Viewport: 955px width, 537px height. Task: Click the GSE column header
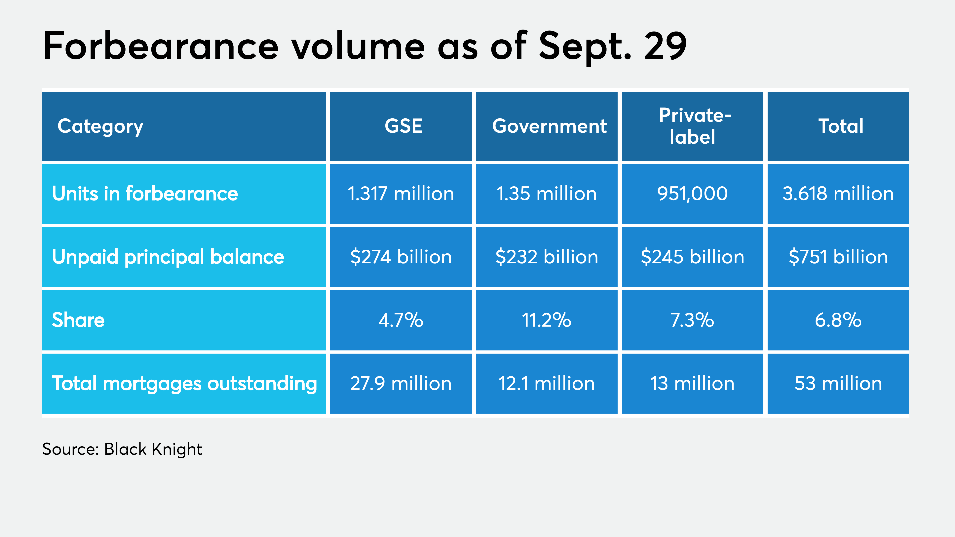403,126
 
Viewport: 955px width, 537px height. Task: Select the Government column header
549,126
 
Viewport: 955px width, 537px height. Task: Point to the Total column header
840,126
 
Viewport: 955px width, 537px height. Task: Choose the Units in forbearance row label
145,194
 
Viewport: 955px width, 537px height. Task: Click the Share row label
78,320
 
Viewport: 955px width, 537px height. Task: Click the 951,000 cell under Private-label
692,194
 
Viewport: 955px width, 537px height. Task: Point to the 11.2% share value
547,320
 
